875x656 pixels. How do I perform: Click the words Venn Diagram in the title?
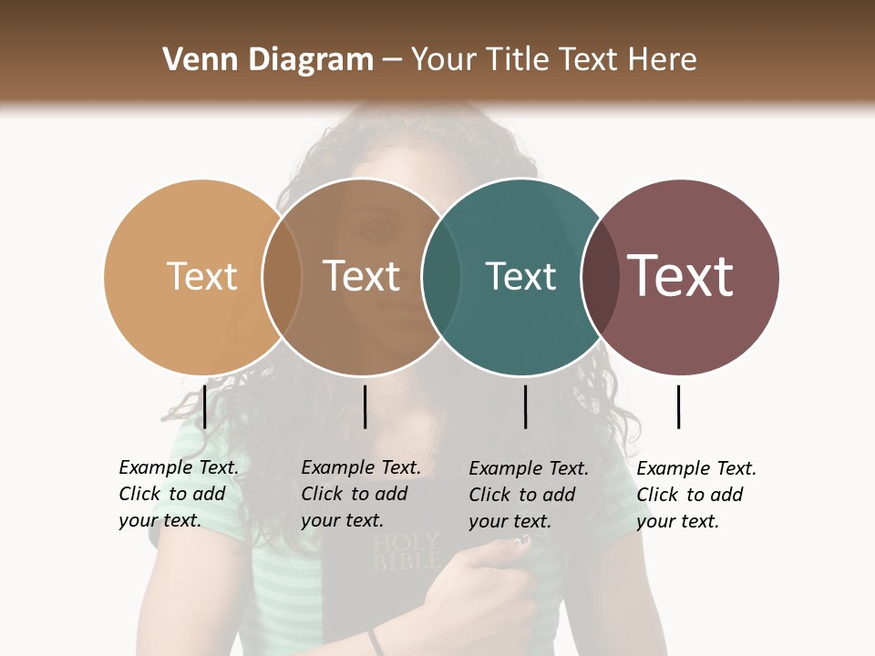(x=268, y=60)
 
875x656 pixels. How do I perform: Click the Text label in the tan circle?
(x=201, y=276)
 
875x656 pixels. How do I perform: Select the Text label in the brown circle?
(x=362, y=276)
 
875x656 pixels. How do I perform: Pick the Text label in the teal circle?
(x=520, y=276)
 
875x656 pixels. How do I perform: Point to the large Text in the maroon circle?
(x=681, y=275)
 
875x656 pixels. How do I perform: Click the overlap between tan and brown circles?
(x=282, y=276)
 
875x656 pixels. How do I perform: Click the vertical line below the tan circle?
(x=205, y=406)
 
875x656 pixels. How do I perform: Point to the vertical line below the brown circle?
(x=365, y=406)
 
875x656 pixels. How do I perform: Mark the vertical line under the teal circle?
(x=525, y=406)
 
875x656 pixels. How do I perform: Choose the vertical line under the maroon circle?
(x=678, y=406)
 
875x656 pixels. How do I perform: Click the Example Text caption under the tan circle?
(x=179, y=494)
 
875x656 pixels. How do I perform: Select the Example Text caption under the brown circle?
(x=361, y=494)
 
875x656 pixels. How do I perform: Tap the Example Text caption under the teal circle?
(x=529, y=494)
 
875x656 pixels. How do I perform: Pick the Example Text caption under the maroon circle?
(x=696, y=494)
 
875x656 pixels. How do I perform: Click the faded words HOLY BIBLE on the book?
(x=407, y=552)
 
